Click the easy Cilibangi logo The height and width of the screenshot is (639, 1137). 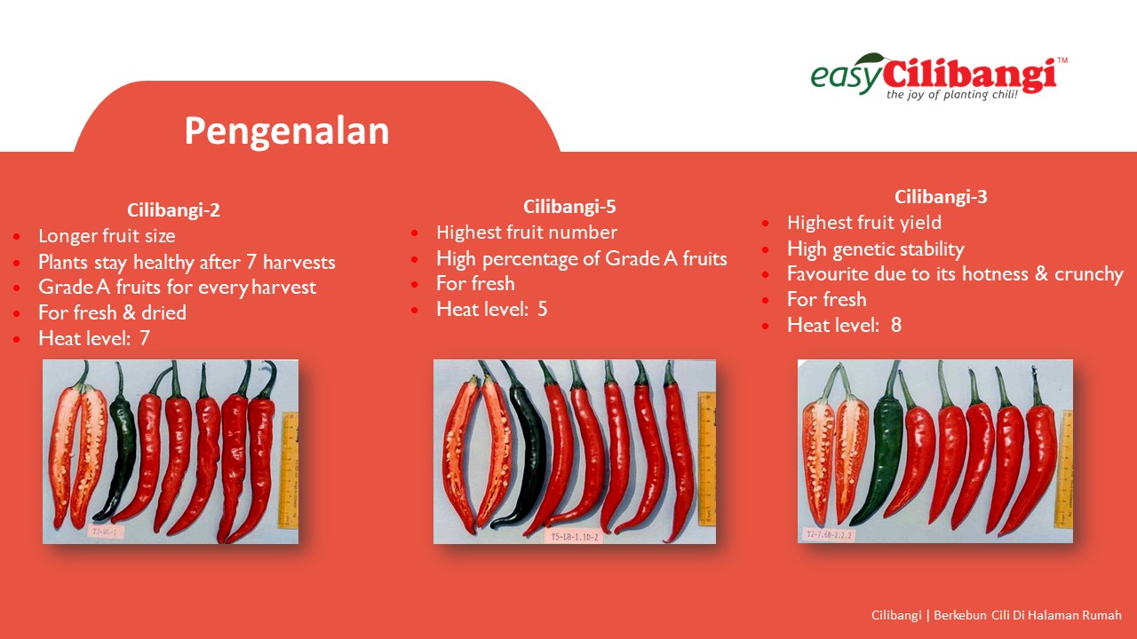click(x=939, y=76)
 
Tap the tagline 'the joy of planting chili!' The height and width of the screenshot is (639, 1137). click(x=951, y=95)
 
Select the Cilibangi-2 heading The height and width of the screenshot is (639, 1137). click(x=173, y=210)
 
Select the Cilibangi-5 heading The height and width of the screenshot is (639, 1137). click(x=569, y=207)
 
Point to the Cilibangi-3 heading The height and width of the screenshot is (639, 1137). click(x=941, y=197)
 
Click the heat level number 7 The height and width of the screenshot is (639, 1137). click(x=145, y=338)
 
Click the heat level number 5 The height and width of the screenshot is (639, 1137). click(x=543, y=309)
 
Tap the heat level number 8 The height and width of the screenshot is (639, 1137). click(x=896, y=325)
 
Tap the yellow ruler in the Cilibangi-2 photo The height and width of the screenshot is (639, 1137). click(x=289, y=469)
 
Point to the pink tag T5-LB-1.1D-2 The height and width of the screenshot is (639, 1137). click(x=575, y=537)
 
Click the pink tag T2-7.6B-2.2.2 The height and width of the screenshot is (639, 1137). click(x=829, y=534)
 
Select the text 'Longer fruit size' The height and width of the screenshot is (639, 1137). click(x=107, y=236)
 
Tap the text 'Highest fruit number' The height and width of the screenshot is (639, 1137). click(x=527, y=233)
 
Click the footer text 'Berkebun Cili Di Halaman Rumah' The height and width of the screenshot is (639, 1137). click(x=1028, y=615)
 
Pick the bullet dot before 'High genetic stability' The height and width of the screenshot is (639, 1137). click(x=766, y=249)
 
